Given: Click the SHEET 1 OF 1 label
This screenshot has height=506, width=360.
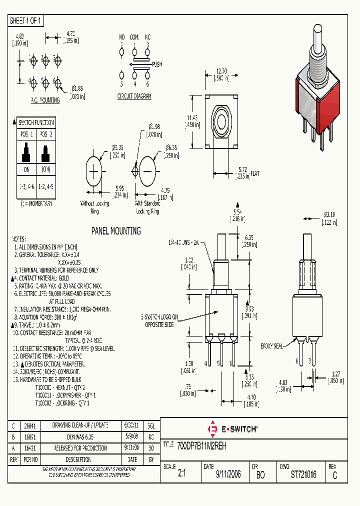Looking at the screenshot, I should point(26,21).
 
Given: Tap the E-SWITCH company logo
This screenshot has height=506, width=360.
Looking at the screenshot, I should point(232,429).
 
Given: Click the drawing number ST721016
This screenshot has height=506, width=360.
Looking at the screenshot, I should point(303,474).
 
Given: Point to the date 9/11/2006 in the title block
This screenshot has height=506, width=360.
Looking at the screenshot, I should point(228,474).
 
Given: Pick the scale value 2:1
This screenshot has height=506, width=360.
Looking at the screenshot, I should point(181,474).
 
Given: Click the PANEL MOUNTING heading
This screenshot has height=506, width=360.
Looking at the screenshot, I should point(115,231).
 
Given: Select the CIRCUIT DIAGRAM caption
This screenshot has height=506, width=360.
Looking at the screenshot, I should point(134,96).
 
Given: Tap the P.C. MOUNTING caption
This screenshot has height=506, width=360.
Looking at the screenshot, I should point(45,100).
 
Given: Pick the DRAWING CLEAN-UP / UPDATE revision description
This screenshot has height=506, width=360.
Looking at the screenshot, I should point(80,425).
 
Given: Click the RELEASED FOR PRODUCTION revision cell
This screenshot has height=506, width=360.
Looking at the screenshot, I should point(80,448).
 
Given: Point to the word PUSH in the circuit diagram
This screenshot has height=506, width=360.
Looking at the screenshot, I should point(157,64).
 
